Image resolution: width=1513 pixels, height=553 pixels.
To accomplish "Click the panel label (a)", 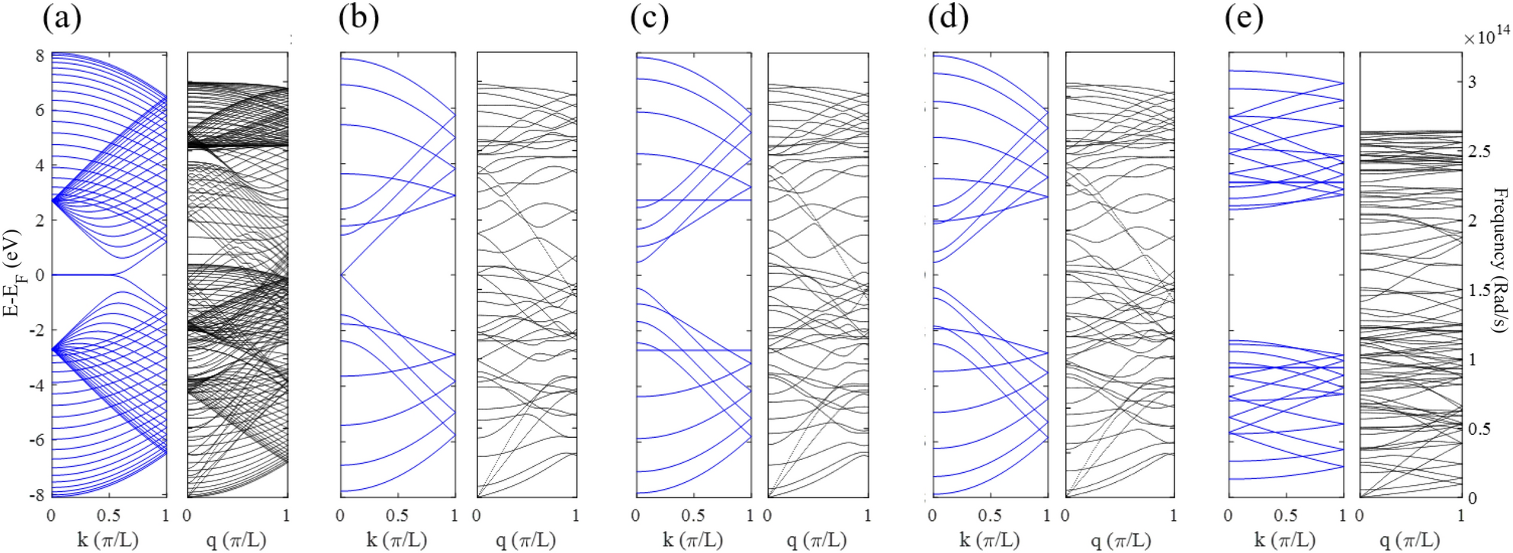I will pyautogui.click(x=62, y=18).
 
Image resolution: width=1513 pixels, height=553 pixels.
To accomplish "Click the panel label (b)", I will pyautogui.click(x=358, y=18).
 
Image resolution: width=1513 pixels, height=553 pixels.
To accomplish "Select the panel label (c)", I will pyautogui.click(x=650, y=18).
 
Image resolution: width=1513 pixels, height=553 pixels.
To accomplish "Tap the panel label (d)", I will pyautogui.click(x=949, y=18).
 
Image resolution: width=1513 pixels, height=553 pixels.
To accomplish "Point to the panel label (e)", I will pyautogui.click(x=1244, y=18).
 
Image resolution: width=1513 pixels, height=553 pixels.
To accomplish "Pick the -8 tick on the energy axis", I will pyautogui.click(x=36, y=495).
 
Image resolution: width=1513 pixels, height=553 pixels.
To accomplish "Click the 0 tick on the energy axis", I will pyautogui.click(x=40, y=275).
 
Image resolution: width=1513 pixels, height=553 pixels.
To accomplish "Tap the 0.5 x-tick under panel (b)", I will pyautogui.click(x=397, y=516).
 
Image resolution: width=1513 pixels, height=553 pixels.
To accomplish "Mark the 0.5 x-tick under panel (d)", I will pyautogui.click(x=989, y=516).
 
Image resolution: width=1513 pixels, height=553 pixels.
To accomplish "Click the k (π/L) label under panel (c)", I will pyautogui.click(x=692, y=541).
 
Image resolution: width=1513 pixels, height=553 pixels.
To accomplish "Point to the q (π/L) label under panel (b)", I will pyautogui.click(x=526, y=541).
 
